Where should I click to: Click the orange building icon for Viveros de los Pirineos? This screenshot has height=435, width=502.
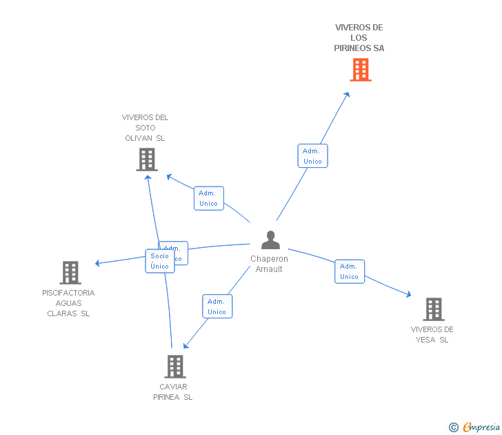(x=361, y=70)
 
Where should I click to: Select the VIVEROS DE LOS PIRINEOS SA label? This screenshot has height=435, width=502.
(x=359, y=38)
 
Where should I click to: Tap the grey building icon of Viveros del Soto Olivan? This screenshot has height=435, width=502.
(x=146, y=159)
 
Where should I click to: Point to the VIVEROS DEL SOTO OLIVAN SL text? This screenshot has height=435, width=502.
(x=145, y=128)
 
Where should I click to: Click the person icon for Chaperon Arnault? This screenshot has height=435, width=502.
(x=270, y=240)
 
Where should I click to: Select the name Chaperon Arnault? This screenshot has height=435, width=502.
(x=270, y=264)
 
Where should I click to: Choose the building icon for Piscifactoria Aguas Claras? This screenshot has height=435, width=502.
(x=70, y=273)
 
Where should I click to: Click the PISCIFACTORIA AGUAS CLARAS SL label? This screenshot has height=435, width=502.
(x=68, y=303)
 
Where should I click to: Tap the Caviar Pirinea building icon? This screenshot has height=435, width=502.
(x=175, y=366)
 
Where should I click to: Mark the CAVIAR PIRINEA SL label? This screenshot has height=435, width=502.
(x=173, y=391)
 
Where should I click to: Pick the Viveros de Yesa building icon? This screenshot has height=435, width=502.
(x=433, y=309)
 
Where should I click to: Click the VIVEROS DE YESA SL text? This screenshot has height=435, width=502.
(x=432, y=334)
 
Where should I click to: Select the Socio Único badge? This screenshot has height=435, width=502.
(x=159, y=261)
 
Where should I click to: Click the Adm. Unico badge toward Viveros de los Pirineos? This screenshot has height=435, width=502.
(x=312, y=156)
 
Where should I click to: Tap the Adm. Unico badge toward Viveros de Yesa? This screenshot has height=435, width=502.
(x=350, y=271)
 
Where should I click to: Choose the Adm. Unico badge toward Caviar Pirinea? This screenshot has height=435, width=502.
(x=217, y=307)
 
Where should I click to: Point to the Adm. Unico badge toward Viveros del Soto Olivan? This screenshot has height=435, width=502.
(x=208, y=198)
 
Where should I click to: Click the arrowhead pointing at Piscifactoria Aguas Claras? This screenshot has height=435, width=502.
(x=98, y=263)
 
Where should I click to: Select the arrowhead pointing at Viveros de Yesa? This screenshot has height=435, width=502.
(x=408, y=295)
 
